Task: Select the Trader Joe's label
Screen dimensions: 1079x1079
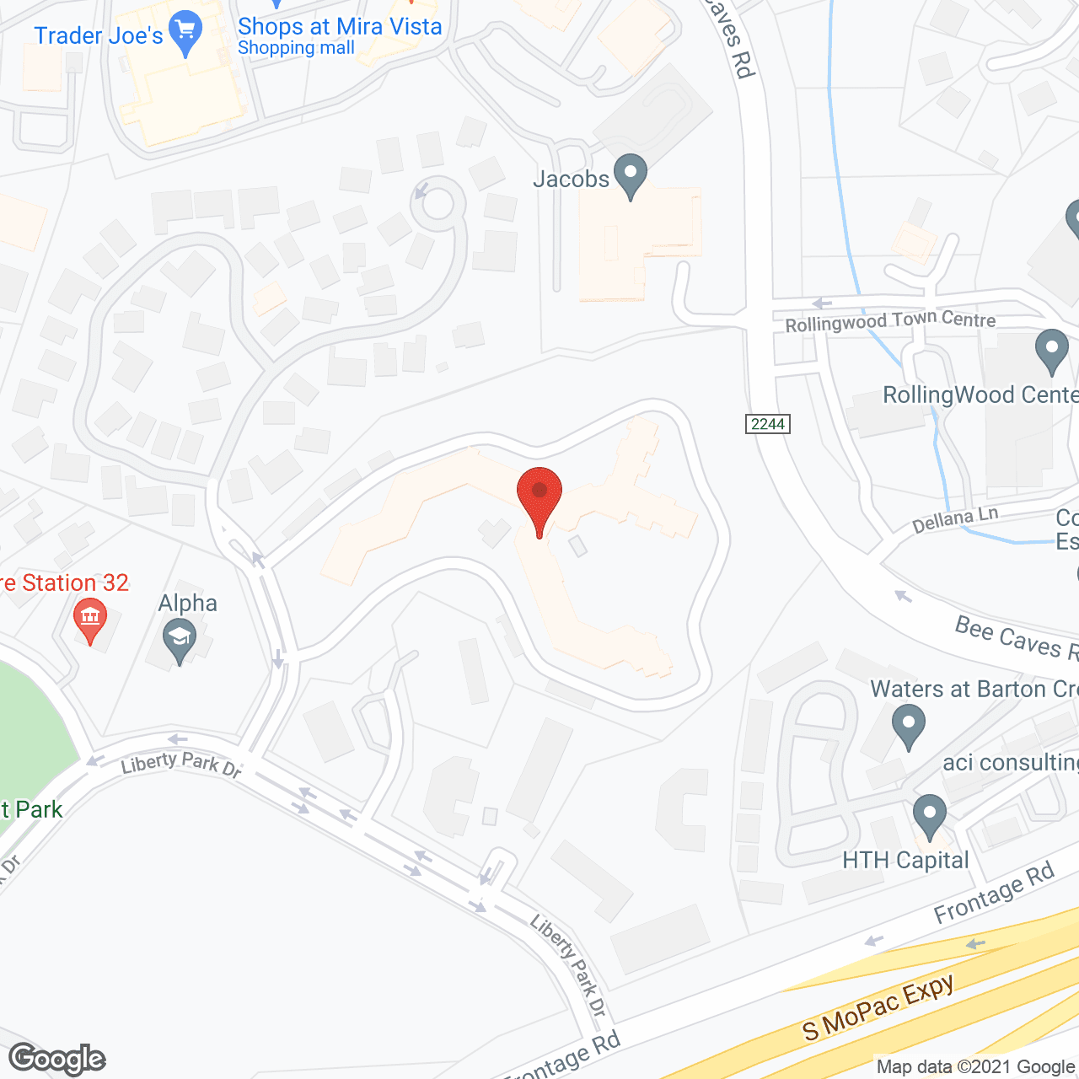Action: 98,36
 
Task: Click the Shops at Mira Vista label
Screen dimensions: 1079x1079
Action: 340,27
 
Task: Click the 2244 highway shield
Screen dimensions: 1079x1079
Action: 768,424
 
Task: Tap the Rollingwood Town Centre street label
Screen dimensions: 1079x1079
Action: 890,321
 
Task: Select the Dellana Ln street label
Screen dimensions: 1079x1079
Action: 955,520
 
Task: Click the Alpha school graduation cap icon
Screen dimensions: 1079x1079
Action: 179,640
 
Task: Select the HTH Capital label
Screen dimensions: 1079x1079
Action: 905,861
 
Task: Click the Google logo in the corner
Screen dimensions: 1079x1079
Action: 57,1059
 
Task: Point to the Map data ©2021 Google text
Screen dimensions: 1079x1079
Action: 976,1067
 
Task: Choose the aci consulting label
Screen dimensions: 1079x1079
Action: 1010,763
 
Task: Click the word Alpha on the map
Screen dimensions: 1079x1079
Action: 188,604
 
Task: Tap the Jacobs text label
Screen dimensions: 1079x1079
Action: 571,179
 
